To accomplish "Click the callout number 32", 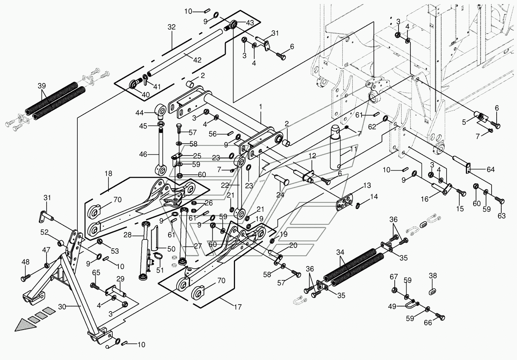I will [x=172, y=27].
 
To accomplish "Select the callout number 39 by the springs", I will [x=42, y=85].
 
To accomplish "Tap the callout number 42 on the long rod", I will [x=197, y=60].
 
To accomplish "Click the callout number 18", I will [x=108, y=174].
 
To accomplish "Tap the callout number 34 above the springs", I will [x=340, y=253].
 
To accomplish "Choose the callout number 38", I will [x=433, y=276].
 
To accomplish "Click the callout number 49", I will [x=392, y=306].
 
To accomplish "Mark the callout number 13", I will [x=367, y=186].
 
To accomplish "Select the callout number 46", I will [x=143, y=154].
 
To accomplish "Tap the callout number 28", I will [x=128, y=235].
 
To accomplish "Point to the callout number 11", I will [x=354, y=149].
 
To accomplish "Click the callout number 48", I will [x=25, y=262].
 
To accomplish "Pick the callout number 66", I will [x=428, y=323].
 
